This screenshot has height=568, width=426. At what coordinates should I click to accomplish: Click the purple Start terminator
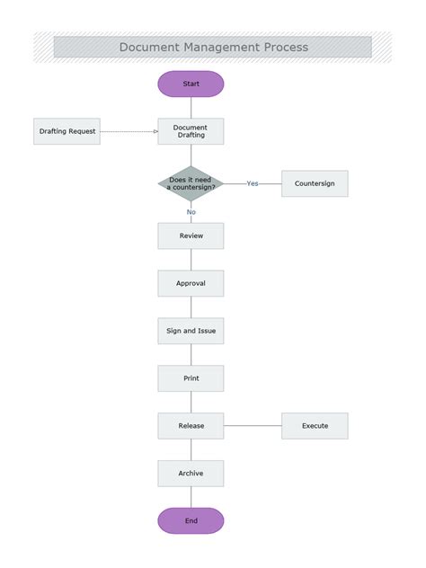(x=191, y=84)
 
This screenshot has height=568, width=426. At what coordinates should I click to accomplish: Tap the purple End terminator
(x=191, y=520)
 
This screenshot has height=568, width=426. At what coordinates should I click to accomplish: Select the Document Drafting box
(x=191, y=131)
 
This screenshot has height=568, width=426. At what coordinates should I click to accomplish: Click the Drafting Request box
(x=67, y=131)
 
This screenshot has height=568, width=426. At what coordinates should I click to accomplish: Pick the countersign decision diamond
(x=191, y=183)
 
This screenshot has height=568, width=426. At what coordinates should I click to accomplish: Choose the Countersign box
(x=315, y=183)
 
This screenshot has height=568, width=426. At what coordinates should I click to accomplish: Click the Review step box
(x=191, y=235)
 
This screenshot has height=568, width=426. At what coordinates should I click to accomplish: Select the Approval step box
(x=191, y=283)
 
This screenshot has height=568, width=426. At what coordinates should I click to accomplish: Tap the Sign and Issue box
(x=191, y=331)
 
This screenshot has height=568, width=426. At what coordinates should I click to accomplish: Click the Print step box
(x=191, y=378)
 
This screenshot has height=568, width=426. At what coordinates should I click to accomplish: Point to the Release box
(x=191, y=426)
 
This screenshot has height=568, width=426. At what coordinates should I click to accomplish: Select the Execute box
(x=315, y=426)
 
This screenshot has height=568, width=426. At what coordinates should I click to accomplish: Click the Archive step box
(x=191, y=474)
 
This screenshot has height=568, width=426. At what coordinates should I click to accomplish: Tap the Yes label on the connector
(x=253, y=183)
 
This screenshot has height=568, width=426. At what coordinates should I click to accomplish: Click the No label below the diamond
(x=191, y=212)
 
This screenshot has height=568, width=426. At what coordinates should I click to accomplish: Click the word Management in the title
(x=213, y=47)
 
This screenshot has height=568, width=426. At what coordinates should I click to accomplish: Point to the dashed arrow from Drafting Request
(x=129, y=131)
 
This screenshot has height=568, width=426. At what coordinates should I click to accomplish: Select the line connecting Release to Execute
(x=253, y=426)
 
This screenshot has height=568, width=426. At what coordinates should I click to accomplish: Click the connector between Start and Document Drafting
(x=191, y=107)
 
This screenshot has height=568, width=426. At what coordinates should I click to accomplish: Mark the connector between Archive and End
(x=191, y=497)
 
